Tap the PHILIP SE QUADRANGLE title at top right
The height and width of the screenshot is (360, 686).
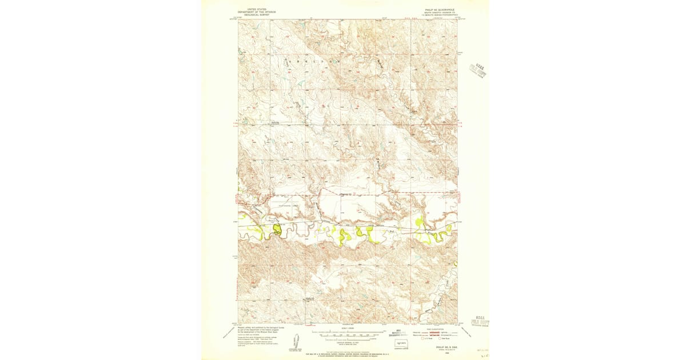click(440, 9)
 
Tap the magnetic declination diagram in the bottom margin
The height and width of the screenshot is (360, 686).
click(298, 340)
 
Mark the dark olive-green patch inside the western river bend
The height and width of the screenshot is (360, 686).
click(277, 230)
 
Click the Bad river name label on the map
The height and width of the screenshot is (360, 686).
click(392, 231)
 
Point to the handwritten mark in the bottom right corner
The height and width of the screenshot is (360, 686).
click(486, 355)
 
